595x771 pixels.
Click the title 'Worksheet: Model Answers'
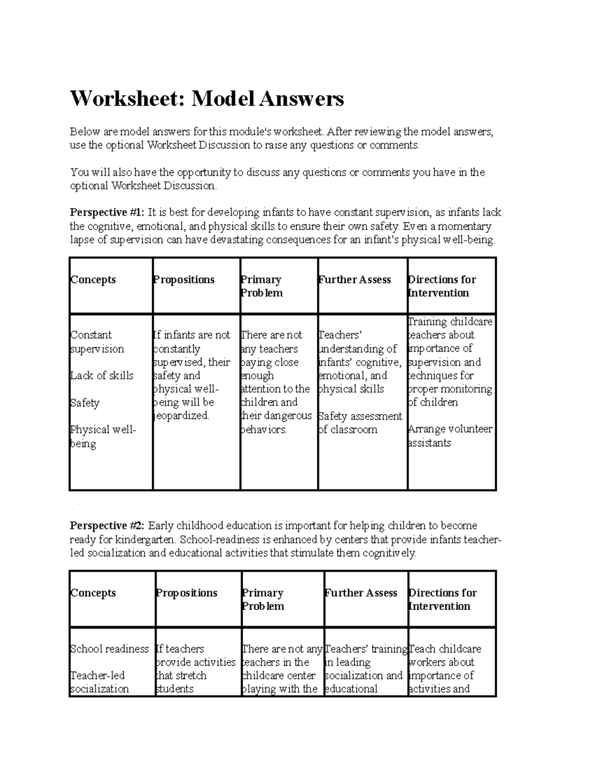tap(207, 99)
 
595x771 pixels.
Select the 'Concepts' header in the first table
tap(93, 280)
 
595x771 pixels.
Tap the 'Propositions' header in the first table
tap(184, 280)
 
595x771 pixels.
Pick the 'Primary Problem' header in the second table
tap(263, 599)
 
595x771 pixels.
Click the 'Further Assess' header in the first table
tap(355, 280)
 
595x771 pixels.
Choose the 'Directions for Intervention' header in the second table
tap(442, 599)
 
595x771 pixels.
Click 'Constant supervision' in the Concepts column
tap(97, 342)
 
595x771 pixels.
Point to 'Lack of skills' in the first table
tap(102, 375)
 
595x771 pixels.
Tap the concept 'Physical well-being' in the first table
tap(103, 436)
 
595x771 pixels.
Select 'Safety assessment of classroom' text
tap(360, 422)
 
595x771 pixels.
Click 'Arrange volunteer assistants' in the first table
tap(450, 435)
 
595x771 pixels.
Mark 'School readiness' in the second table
tap(110, 649)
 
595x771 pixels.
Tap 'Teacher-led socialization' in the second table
tap(99, 682)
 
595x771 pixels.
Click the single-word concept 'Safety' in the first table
tap(85, 403)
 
